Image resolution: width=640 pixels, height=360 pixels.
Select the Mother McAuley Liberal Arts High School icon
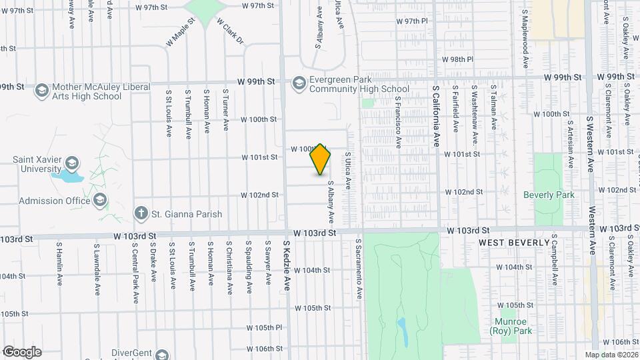click(x=41, y=91)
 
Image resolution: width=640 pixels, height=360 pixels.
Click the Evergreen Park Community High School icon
click(x=298, y=83)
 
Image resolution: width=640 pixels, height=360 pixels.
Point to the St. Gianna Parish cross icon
click(x=140, y=213)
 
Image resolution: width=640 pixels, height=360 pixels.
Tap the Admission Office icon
click(x=100, y=200)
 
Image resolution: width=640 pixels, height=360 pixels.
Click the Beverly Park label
click(x=549, y=195)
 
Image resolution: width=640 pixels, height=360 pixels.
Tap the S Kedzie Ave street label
click(x=287, y=265)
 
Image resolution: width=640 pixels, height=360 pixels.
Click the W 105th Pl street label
click(x=265, y=328)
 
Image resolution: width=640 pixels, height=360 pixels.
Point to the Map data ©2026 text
click(x=611, y=355)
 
